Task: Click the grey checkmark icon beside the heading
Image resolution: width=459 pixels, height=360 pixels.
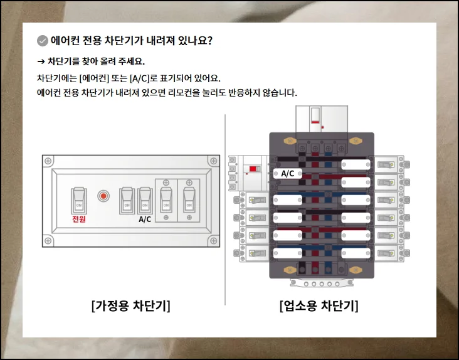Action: (43, 41)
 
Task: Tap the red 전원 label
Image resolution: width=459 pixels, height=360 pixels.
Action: (79, 219)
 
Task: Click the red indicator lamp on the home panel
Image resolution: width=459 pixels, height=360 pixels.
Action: (103, 196)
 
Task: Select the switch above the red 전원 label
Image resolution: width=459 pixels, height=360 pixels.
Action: (79, 201)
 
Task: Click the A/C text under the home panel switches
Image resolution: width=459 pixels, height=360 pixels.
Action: (145, 220)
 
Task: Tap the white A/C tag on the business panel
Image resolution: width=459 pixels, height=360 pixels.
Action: (287, 174)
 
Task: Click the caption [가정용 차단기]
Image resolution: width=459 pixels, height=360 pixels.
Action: (130, 306)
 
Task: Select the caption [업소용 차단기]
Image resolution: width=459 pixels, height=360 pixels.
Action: (319, 306)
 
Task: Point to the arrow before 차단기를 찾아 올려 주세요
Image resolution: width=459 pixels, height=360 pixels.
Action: (41, 61)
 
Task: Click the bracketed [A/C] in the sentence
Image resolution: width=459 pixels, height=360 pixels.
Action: (140, 78)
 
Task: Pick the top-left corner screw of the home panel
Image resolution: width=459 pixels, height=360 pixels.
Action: (48, 161)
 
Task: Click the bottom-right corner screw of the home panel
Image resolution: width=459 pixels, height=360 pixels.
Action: (214, 241)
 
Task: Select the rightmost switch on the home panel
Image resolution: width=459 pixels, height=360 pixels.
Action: (189, 200)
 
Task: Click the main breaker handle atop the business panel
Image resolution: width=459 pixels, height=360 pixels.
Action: (315, 115)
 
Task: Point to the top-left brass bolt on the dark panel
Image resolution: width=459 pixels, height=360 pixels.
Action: (290, 141)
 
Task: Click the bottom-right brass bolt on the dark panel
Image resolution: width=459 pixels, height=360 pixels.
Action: (356, 270)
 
